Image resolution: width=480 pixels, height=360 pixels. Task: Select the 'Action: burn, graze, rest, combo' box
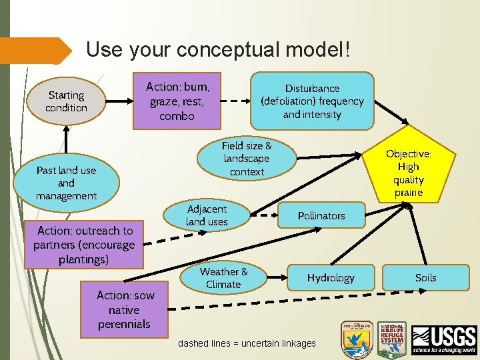tap(177, 101)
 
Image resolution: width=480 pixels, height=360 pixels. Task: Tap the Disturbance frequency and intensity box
tap(312, 101)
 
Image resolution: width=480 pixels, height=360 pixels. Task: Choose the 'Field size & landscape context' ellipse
tap(246, 159)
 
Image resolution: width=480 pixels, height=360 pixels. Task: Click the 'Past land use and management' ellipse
tap(67, 183)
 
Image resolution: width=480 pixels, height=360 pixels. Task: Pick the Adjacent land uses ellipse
tap(207, 215)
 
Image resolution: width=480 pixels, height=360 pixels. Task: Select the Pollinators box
tap(321, 216)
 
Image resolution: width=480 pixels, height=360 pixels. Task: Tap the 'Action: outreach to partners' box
tap(84, 245)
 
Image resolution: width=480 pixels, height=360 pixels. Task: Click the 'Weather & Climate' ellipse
tap(223, 277)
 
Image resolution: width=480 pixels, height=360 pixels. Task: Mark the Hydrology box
tap(330, 277)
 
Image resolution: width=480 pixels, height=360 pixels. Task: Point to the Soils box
tap(425, 277)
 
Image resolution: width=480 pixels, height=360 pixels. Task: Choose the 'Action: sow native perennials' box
tap(124, 309)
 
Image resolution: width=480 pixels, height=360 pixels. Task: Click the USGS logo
tap(444, 340)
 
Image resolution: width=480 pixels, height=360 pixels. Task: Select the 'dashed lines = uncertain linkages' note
tap(247, 343)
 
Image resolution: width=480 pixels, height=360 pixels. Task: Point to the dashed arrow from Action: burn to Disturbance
tap(235, 101)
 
